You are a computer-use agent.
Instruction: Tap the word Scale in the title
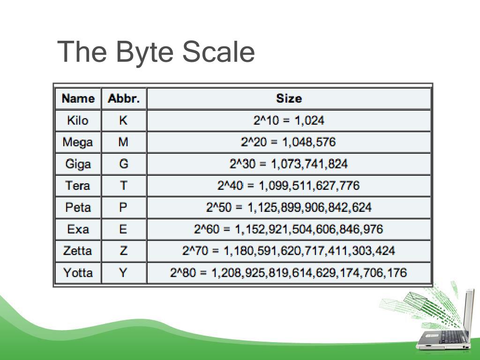coord(218,51)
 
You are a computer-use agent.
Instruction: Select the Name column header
coord(78,98)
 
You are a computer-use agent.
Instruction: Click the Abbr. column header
coord(124,98)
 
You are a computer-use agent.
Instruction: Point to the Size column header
coord(289,98)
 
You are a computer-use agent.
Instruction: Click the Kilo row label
coord(78,120)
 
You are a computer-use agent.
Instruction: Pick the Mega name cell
coord(78,142)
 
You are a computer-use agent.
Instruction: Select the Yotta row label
coord(78,273)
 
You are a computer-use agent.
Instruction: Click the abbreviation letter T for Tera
coord(124,186)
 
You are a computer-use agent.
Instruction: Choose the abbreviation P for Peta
coord(123,208)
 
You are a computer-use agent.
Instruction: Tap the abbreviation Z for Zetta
coord(123,251)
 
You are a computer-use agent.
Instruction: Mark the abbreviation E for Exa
coord(123,229)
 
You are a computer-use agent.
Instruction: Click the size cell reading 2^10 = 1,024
coord(289,120)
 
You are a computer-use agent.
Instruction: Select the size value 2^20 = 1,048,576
coord(288,142)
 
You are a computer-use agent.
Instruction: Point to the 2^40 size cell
coord(288,186)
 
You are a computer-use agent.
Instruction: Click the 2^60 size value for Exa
coord(288,229)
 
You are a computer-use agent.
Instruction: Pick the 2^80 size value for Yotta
coord(288,273)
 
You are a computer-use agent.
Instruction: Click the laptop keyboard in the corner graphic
coord(450,337)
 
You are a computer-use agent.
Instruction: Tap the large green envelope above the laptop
coord(415,300)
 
